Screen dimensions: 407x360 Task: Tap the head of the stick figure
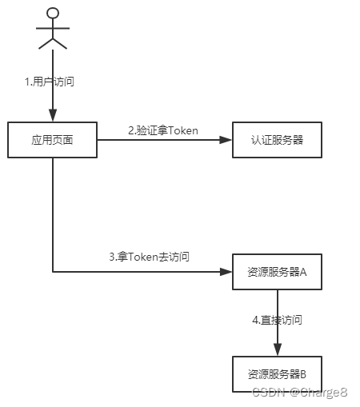(x=54, y=13)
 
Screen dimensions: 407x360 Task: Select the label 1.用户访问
(x=50, y=82)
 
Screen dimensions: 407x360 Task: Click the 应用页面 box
(x=53, y=140)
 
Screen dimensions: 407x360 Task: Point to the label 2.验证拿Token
(x=164, y=130)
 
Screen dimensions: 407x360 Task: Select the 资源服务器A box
(x=277, y=272)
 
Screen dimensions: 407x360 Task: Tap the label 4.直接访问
(x=277, y=320)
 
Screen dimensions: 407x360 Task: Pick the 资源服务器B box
(x=277, y=373)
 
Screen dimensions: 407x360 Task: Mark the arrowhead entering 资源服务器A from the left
(x=226, y=272)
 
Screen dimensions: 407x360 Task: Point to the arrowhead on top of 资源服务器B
(x=277, y=349)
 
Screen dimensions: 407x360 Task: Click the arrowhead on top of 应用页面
(x=54, y=117)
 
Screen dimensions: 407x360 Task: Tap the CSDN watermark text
(x=300, y=392)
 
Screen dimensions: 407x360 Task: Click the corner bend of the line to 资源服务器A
(x=54, y=272)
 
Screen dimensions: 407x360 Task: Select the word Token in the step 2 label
(x=182, y=130)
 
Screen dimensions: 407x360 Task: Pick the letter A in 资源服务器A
(x=303, y=272)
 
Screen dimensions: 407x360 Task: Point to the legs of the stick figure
(x=54, y=42)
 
